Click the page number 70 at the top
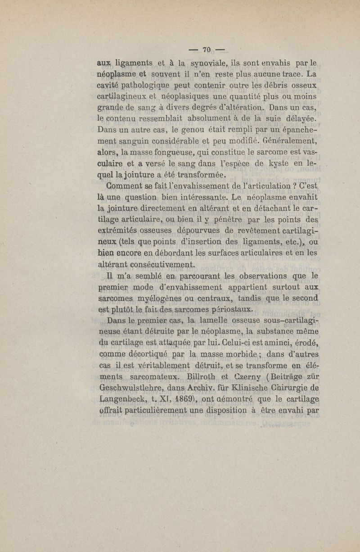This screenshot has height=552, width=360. [207, 50]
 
